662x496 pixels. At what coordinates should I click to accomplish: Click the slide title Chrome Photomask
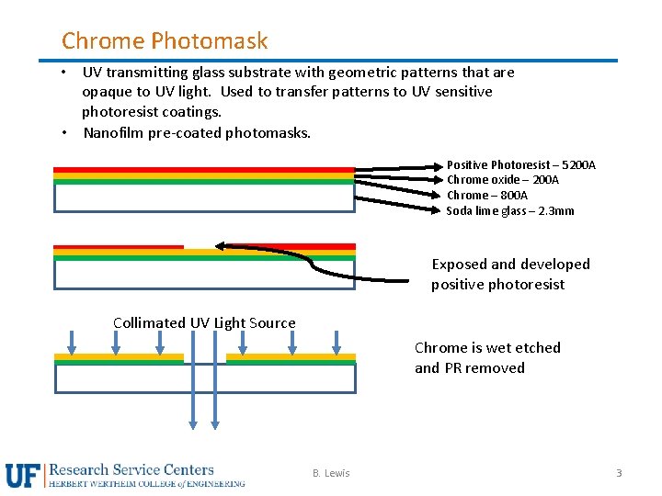165,40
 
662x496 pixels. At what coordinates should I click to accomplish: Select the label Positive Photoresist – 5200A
520,165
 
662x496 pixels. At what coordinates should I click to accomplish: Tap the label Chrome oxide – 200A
502,180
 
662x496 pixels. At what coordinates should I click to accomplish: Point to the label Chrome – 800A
487,196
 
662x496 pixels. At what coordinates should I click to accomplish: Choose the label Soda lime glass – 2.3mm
510,211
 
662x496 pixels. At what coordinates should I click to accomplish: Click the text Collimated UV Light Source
204,322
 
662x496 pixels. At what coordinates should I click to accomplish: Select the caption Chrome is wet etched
487,347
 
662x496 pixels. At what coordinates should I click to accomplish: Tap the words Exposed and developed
510,265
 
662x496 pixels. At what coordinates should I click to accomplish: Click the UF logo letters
24,475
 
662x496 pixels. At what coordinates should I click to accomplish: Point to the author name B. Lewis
331,473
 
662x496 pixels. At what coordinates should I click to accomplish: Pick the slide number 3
619,473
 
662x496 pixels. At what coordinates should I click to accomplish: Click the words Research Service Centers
131,469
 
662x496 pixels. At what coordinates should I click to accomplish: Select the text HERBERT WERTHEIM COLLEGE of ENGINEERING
147,483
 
